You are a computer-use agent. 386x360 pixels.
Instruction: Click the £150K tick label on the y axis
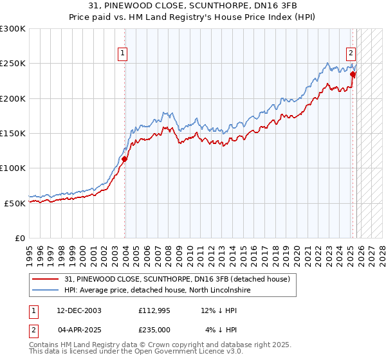(x=13, y=133)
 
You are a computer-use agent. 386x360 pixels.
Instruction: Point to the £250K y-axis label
(x=13, y=64)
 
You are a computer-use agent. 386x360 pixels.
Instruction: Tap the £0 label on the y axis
(x=19, y=238)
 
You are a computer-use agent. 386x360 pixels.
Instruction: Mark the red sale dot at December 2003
(x=125, y=159)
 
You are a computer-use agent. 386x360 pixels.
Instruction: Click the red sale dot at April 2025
(x=353, y=75)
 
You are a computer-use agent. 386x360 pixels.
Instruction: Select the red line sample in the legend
(x=46, y=280)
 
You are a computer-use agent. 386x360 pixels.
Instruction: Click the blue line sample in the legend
(x=46, y=291)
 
